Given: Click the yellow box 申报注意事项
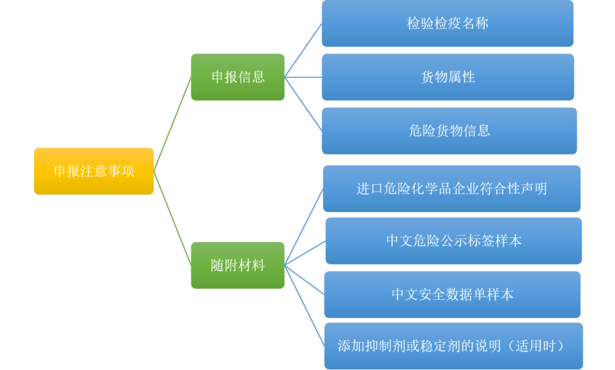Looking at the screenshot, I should click(94, 171).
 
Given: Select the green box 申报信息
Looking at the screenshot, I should click(237, 77).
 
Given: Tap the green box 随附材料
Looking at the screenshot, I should click(237, 265).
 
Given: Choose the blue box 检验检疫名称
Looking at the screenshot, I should click(448, 23).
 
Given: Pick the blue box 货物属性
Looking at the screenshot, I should click(448, 77).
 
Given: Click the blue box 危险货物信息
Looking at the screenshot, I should click(449, 131).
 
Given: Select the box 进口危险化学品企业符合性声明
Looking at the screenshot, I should click(452, 189).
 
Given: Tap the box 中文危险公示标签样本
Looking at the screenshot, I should click(454, 241).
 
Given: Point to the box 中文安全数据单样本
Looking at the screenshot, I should click(453, 294).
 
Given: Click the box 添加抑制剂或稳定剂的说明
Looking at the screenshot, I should click(454, 346).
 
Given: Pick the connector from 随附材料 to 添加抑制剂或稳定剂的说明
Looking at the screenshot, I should click(304, 305).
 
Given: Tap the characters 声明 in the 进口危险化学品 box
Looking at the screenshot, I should click(534, 189).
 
